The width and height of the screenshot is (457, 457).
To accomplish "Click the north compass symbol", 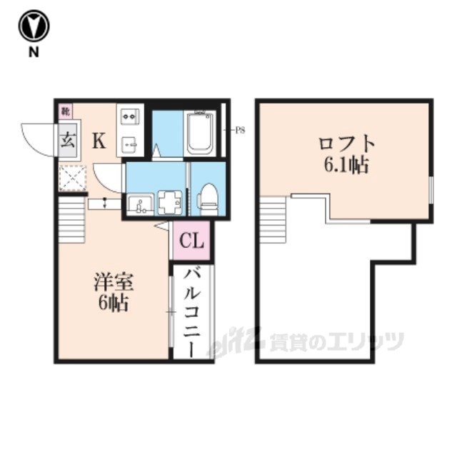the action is (34, 26).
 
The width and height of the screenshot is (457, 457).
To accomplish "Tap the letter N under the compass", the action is (34, 52).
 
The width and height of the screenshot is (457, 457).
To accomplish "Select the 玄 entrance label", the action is (69, 140).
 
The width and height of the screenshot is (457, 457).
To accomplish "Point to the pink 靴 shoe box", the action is (66, 111).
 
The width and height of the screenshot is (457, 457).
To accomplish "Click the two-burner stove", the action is (130, 116).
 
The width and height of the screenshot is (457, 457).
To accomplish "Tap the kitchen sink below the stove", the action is (130, 145).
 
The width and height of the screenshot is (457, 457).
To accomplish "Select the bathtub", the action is (199, 133).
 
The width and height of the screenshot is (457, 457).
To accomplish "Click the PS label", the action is (240, 130).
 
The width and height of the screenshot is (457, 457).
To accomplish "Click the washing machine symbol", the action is (170, 202).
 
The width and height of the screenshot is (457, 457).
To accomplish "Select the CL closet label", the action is (191, 241).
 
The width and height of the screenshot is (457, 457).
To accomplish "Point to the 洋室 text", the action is (114, 282).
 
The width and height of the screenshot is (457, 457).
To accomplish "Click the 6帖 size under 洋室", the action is (113, 304).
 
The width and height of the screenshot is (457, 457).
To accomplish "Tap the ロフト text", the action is (346, 144).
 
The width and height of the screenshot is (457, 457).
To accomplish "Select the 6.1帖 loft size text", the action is (346, 165).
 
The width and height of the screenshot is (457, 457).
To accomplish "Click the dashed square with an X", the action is (73, 178).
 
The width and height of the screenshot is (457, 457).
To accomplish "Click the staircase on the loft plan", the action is (273, 220).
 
